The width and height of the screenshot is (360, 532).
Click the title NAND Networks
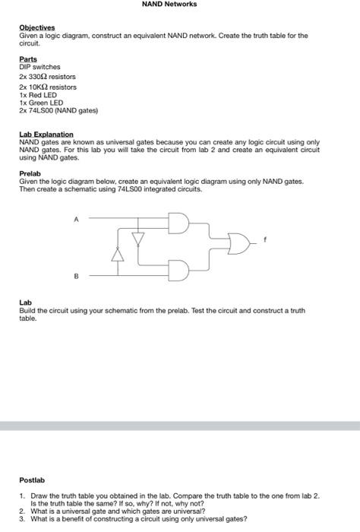click(x=169, y=5)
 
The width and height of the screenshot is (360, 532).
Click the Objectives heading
click(x=37, y=27)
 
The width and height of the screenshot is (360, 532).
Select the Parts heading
click(x=27, y=59)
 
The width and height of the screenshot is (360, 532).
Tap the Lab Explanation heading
click(x=46, y=134)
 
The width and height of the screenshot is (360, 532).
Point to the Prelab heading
click(x=30, y=173)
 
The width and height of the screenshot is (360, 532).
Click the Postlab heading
click(x=33, y=480)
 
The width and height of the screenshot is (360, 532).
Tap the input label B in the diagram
click(x=75, y=277)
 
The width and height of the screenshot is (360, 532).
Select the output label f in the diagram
click(x=265, y=239)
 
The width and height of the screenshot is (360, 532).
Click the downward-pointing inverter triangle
click(x=137, y=239)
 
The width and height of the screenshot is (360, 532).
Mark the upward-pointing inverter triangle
click(x=118, y=253)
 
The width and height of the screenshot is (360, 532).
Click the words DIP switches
click(x=39, y=67)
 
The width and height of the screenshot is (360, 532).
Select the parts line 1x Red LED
click(x=38, y=94)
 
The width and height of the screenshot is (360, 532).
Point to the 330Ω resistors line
click(x=47, y=77)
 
